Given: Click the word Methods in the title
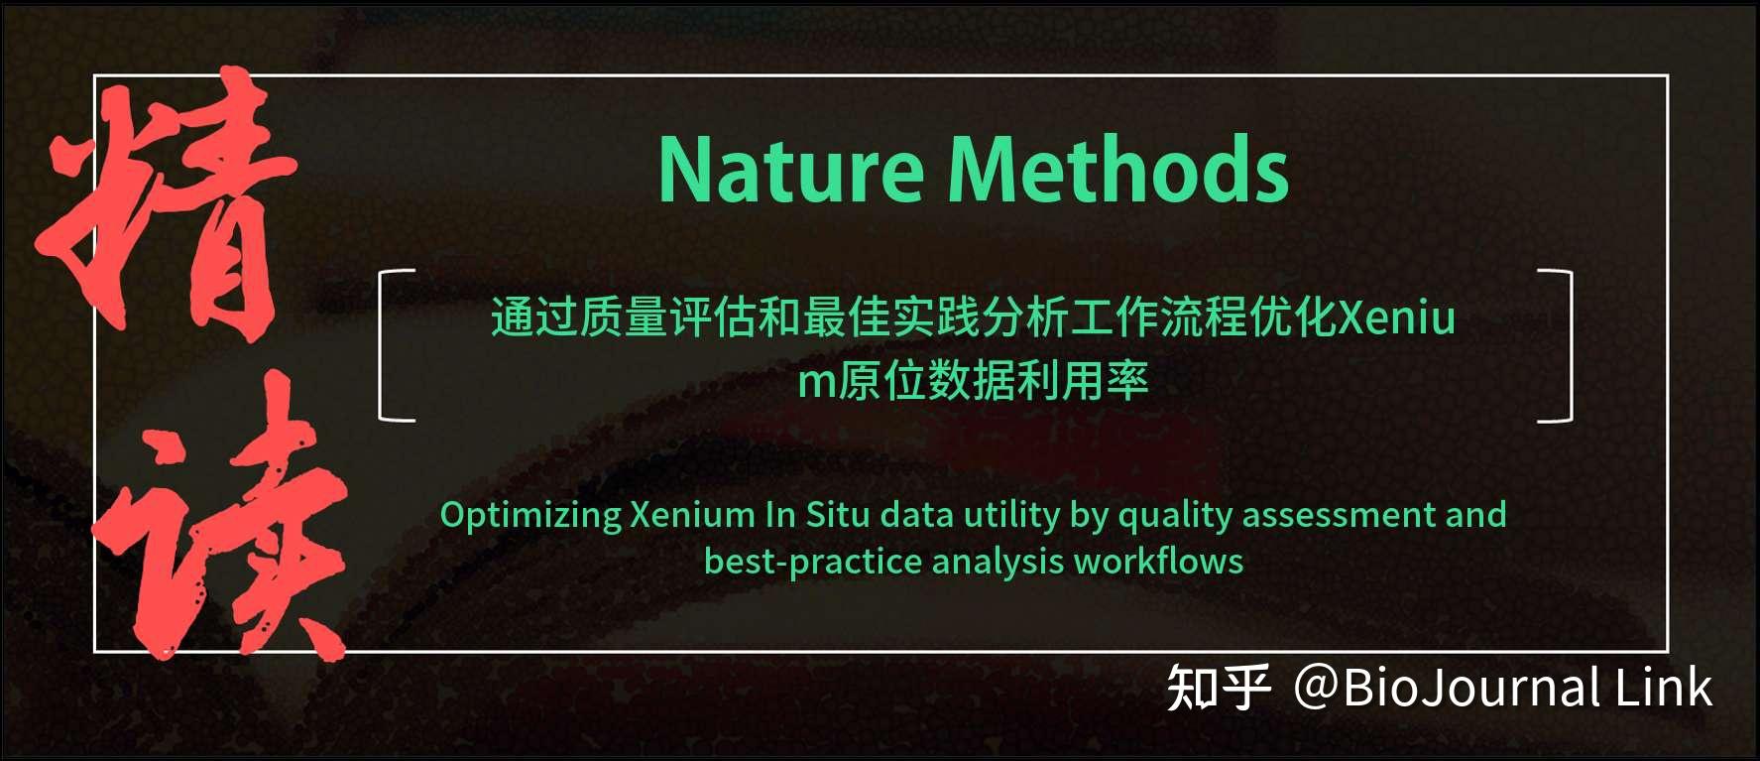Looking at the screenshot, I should pos(1117,170).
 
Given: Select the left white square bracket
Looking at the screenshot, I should pos(395,345).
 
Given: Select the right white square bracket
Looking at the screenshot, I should pos(1557,345).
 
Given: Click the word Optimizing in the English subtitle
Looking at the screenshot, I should pos(530,515).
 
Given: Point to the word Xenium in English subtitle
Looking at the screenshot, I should pos(692,515).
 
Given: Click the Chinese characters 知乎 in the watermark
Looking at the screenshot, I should pos(1218,688).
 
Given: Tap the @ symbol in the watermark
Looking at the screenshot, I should pos(1317,688).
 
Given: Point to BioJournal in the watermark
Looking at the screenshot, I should pos(1471,688).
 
